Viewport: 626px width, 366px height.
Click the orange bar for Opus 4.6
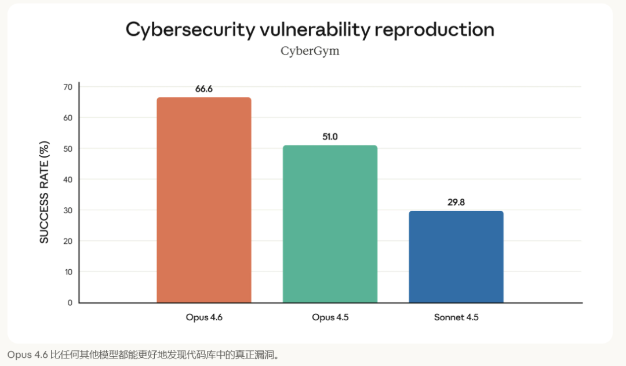(204, 200)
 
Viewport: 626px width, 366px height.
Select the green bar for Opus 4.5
(330, 224)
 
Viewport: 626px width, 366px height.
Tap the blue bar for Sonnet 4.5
(456, 257)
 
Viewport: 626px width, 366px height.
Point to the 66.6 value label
(204, 89)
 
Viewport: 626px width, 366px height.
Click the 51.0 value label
(330, 137)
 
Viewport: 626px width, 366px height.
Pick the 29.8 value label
(456, 203)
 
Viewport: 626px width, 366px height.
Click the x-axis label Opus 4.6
(204, 317)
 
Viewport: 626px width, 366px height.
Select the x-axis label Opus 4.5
(330, 317)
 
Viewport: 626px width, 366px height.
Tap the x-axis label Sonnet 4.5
(456, 317)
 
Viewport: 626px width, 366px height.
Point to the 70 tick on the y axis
(68, 87)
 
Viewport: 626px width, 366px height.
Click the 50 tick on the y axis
(68, 149)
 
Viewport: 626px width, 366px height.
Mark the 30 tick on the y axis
(68, 210)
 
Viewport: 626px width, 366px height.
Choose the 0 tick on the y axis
(70, 302)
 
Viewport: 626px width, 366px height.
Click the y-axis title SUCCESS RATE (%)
(45, 192)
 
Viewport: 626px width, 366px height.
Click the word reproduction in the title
(435, 30)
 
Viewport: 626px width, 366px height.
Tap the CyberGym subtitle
(310, 51)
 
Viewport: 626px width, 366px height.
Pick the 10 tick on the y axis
(68, 272)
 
